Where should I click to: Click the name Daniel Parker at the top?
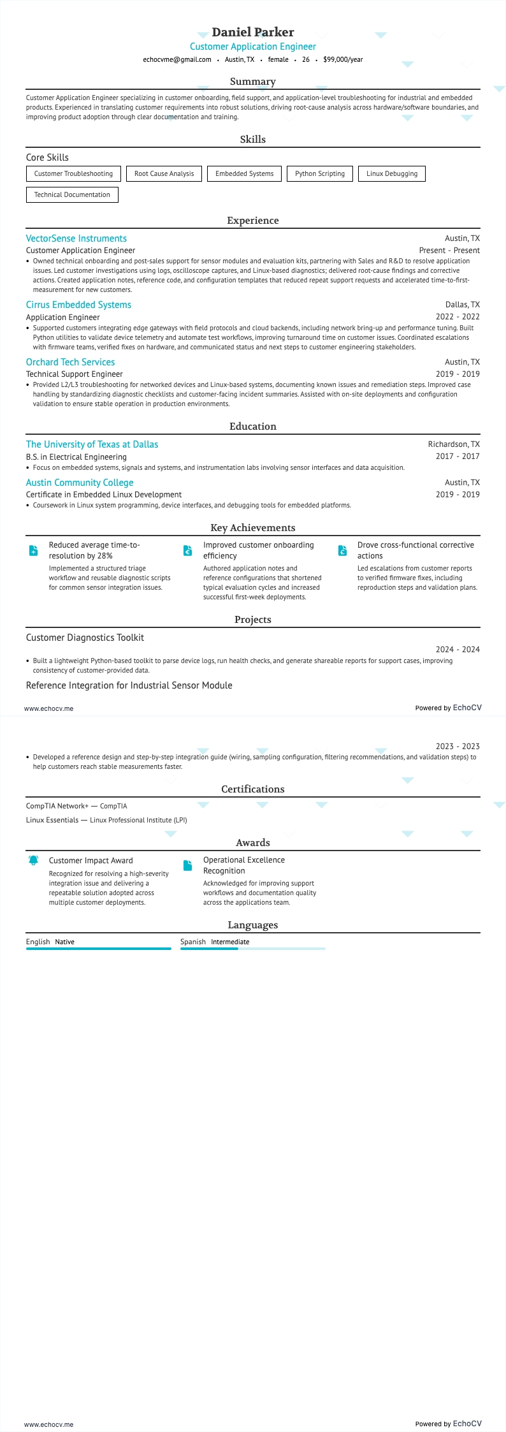pyautogui.click(x=252, y=32)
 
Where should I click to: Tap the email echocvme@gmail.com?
pyautogui.click(x=177, y=59)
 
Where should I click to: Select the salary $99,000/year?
pyautogui.click(x=343, y=59)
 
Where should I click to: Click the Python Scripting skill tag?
pyautogui.click(x=319, y=173)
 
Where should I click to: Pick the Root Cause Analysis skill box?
pyautogui.click(x=164, y=173)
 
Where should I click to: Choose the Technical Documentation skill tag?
pyautogui.click(x=72, y=194)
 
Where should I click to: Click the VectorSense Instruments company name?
pyautogui.click(x=76, y=238)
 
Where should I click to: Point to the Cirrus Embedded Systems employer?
pyautogui.click(x=78, y=305)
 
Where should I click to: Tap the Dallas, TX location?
pyautogui.click(x=462, y=305)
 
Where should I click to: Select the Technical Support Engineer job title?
pyautogui.click(x=75, y=374)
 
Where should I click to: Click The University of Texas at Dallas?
pyautogui.click(x=92, y=444)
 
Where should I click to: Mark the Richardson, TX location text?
pyautogui.click(x=454, y=444)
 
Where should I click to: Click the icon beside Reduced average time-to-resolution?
pyautogui.click(x=34, y=550)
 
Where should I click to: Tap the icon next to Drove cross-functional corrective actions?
pyautogui.click(x=342, y=550)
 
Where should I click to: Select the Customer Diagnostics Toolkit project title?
pyautogui.click(x=85, y=638)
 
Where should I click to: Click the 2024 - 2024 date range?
pyautogui.click(x=458, y=650)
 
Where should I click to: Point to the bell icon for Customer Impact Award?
pyautogui.click(x=34, y=860)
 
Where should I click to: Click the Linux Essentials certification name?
pyautogui.click(x=52, y=820)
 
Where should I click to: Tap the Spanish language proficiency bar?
pyautogui.click(x=252, y=949)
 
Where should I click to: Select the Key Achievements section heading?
pyautogui.click(x=252, y=528)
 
